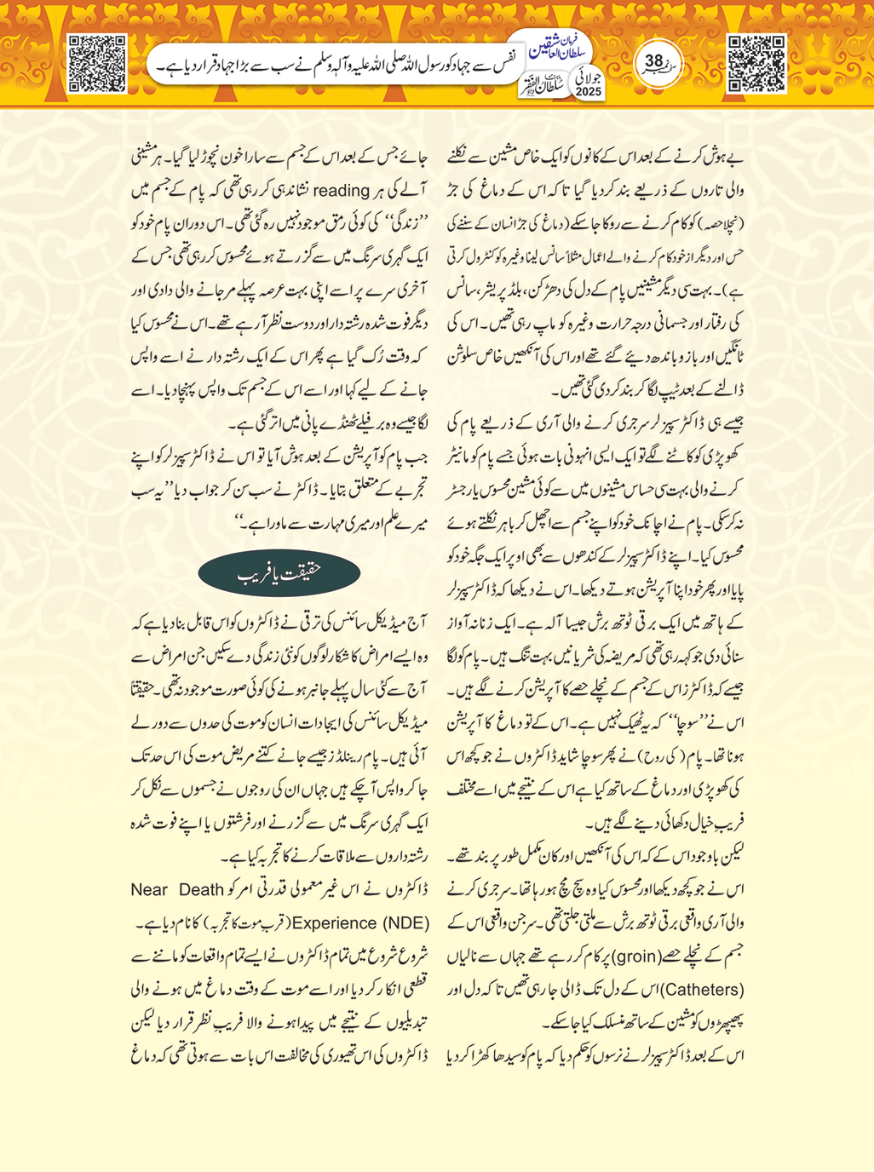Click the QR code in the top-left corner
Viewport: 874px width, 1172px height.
[x=97, y=63]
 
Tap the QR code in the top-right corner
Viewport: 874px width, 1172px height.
[x=756, y=63]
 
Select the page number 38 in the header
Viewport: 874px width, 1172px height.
[x=654, y=61]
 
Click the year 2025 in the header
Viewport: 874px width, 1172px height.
[x=589, y=91]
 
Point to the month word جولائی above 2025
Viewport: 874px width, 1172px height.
[x=589, y=76]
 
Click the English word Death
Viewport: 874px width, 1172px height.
[x=201, y=890]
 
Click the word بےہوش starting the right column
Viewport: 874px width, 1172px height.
[x=726, y=158]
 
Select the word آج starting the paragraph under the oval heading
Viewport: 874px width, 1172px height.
[x=418, y=623]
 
